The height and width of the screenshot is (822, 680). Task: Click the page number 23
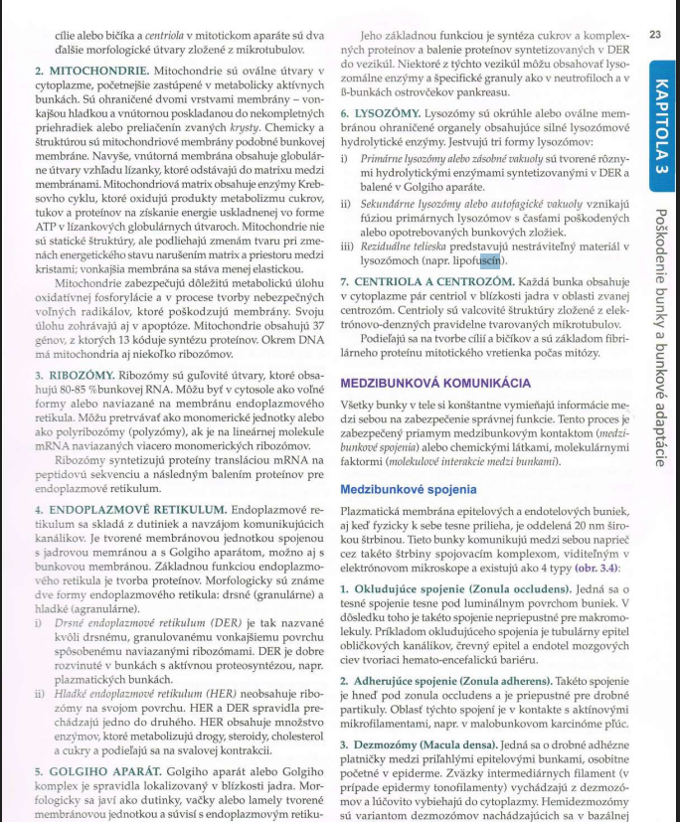[x=654, y=35]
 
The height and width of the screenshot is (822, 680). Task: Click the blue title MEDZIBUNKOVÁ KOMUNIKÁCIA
[x=435, y=382]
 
